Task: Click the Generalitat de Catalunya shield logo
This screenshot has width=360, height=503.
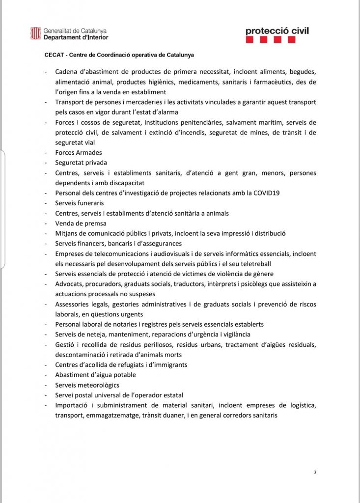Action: click(x=35, y=33)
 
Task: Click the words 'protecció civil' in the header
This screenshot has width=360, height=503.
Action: click(x=277, y=31)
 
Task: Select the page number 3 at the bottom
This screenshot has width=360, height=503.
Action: click(x=315, y=473)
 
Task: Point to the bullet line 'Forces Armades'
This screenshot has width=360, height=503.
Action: click(x=79, y=153)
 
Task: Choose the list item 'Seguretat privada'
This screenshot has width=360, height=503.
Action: click(x=81, y=163)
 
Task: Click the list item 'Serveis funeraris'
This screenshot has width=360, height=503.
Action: click(x=80, y=203)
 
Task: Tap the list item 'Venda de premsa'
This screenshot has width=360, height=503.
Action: click(x=81, y=224)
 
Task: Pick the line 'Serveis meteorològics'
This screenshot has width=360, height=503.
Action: click(x=87, y=385)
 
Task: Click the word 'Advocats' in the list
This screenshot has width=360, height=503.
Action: click(x=69, y=284)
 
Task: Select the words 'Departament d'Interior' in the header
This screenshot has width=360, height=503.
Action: click(x=76, y=37)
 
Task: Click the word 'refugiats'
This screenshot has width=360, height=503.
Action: click(x=117, y=364)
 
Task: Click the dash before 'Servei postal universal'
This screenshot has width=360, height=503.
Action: click(x=46, y=395)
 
